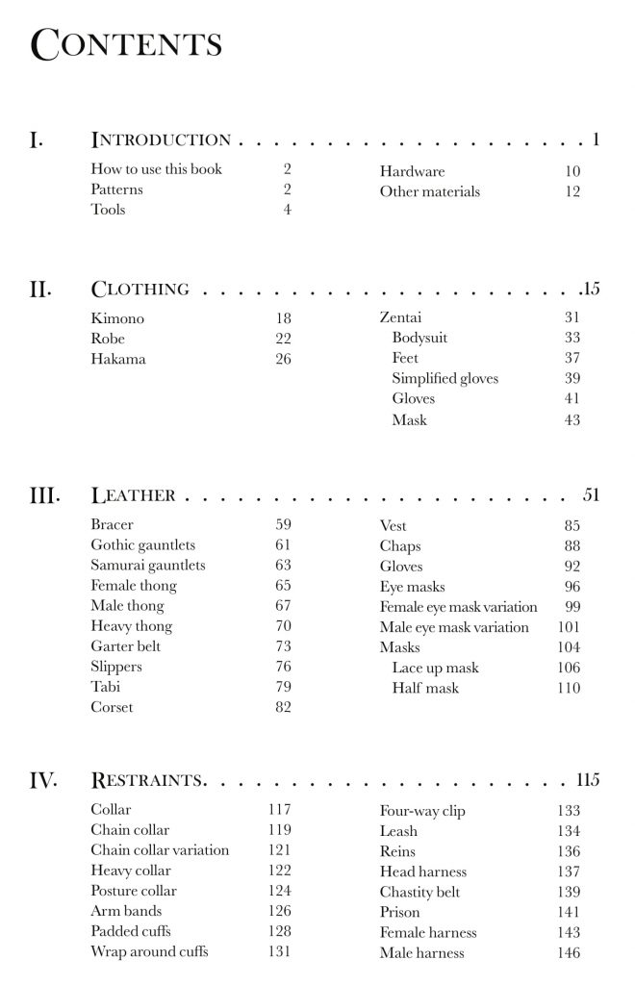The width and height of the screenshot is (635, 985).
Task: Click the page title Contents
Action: (x=127, y=45)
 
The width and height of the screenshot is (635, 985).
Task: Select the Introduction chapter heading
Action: (x=161, y=140)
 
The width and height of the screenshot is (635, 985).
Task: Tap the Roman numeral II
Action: (x=40, y=290)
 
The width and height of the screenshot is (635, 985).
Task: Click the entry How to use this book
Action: (x=156, y=169)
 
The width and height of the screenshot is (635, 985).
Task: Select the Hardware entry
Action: (x=412, y=171)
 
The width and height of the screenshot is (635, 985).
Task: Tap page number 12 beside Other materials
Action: (x=572, y=191)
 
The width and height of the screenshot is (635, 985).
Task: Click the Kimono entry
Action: (x=117, y=318)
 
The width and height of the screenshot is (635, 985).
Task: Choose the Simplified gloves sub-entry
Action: (x=444, y=379)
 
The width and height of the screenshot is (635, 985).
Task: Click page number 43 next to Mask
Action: (x=572, y=420)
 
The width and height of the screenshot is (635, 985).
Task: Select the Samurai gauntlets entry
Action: (x=148, y=566)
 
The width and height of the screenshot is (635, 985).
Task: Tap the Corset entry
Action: (x=112, y=708)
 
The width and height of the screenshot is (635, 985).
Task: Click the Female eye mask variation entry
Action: (x=458, y=607)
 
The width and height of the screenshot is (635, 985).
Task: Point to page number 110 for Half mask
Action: (x=569, y=689)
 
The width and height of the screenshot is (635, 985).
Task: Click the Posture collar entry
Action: (x=134, y=891)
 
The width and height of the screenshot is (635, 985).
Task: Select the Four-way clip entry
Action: (x=422, y=811)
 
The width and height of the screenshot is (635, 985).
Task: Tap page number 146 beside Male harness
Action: (x=569, y=953)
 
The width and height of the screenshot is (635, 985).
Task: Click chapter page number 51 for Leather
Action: (x=591, y=496)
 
